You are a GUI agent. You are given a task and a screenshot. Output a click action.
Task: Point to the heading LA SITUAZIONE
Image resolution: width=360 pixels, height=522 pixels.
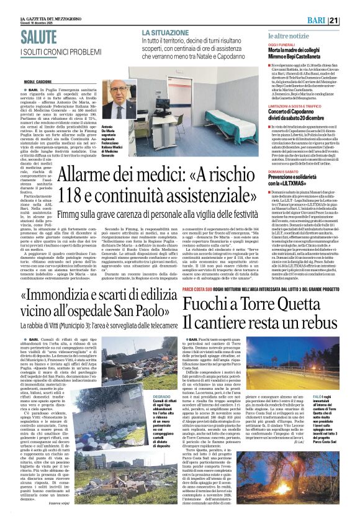pos(166,32)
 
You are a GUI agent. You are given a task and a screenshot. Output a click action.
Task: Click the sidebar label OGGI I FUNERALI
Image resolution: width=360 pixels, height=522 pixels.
pos(281,45)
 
